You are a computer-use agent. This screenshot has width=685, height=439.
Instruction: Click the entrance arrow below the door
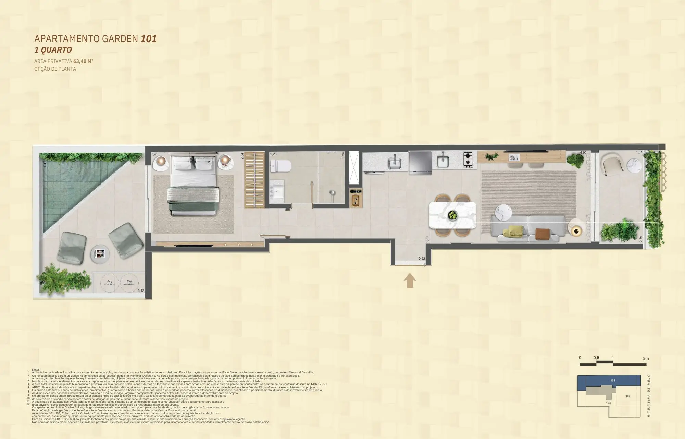pos(410,280)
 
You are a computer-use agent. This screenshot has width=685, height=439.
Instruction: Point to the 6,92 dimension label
pos(583,152)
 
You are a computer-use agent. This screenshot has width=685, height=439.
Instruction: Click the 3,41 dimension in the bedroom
pos(154,155)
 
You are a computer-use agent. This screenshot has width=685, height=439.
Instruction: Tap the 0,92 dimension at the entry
pos(422,259)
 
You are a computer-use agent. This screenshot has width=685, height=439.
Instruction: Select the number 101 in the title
pos(149,39)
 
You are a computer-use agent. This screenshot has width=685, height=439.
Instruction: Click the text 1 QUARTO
pos(53,50)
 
